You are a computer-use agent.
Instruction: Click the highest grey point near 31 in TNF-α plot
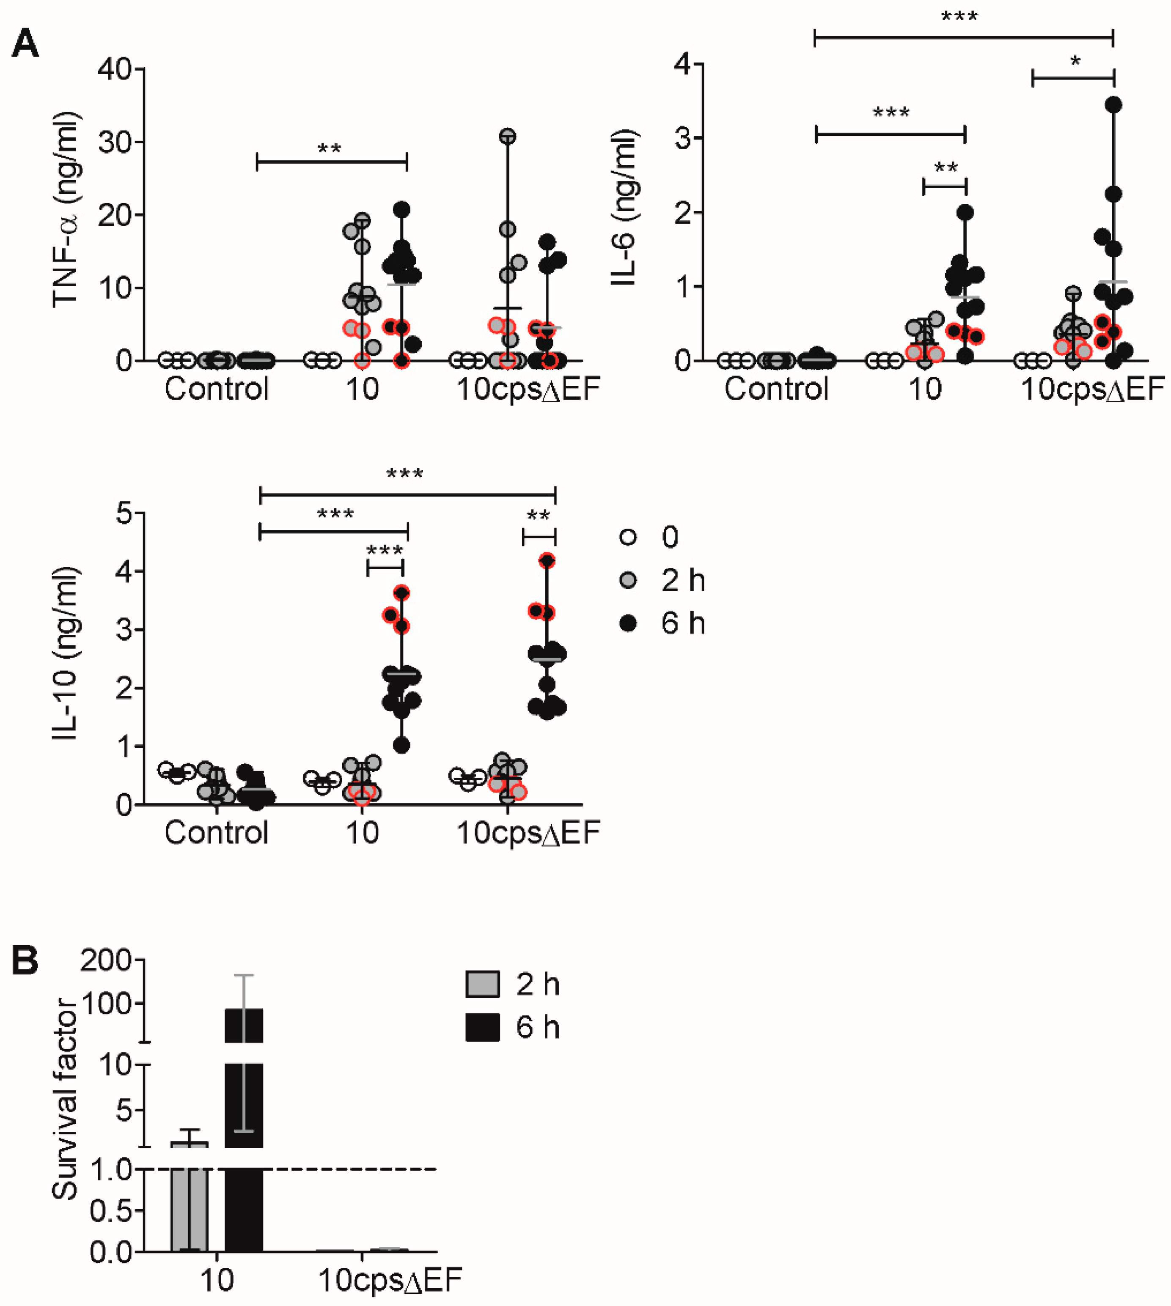(508, 136)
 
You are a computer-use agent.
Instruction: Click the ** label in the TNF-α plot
(330, 150)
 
